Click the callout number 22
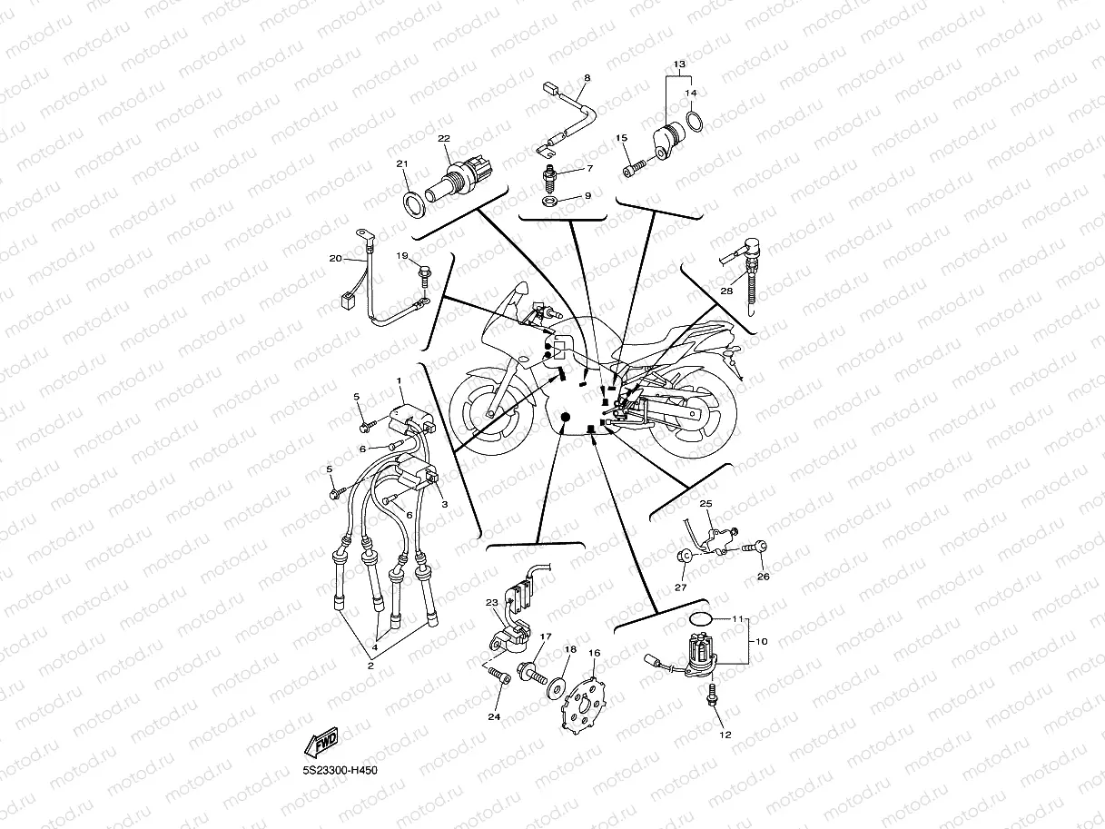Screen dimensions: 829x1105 (x=443, y=139)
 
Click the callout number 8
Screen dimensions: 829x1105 (x=587, y=79)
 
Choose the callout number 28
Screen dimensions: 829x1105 (x=725, y=291)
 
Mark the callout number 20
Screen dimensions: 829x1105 (x=335, y=259)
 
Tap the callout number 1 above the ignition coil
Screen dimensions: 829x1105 (x=398, y=379)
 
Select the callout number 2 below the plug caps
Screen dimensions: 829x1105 (x=370, y=666)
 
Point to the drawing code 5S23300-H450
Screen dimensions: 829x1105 (x=340, y=771)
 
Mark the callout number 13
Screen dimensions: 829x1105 (x=678, y=64)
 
